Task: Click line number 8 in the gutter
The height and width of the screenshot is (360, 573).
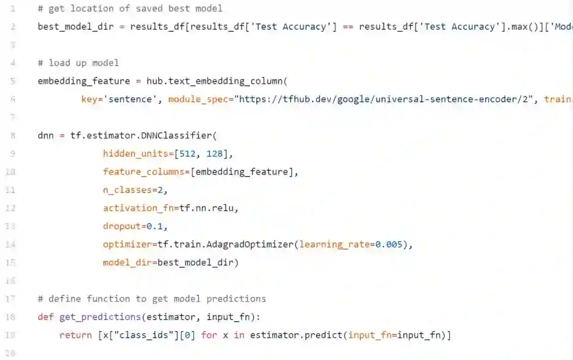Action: (12, 135)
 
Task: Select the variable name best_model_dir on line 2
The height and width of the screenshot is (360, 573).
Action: (76, 27)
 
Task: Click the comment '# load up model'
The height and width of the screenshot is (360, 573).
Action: (78, 63)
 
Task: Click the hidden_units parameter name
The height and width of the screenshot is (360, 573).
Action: (133, 154)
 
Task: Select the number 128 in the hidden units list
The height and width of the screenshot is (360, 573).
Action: (221, 154)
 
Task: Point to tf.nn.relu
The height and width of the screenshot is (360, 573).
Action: (209, 208)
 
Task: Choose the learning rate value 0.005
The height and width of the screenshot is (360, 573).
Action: (389, 244)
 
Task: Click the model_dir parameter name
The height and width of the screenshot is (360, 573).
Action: (127, 262)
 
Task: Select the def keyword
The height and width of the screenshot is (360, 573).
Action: (46, 317)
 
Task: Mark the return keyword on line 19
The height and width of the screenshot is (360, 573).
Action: (75, 335)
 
